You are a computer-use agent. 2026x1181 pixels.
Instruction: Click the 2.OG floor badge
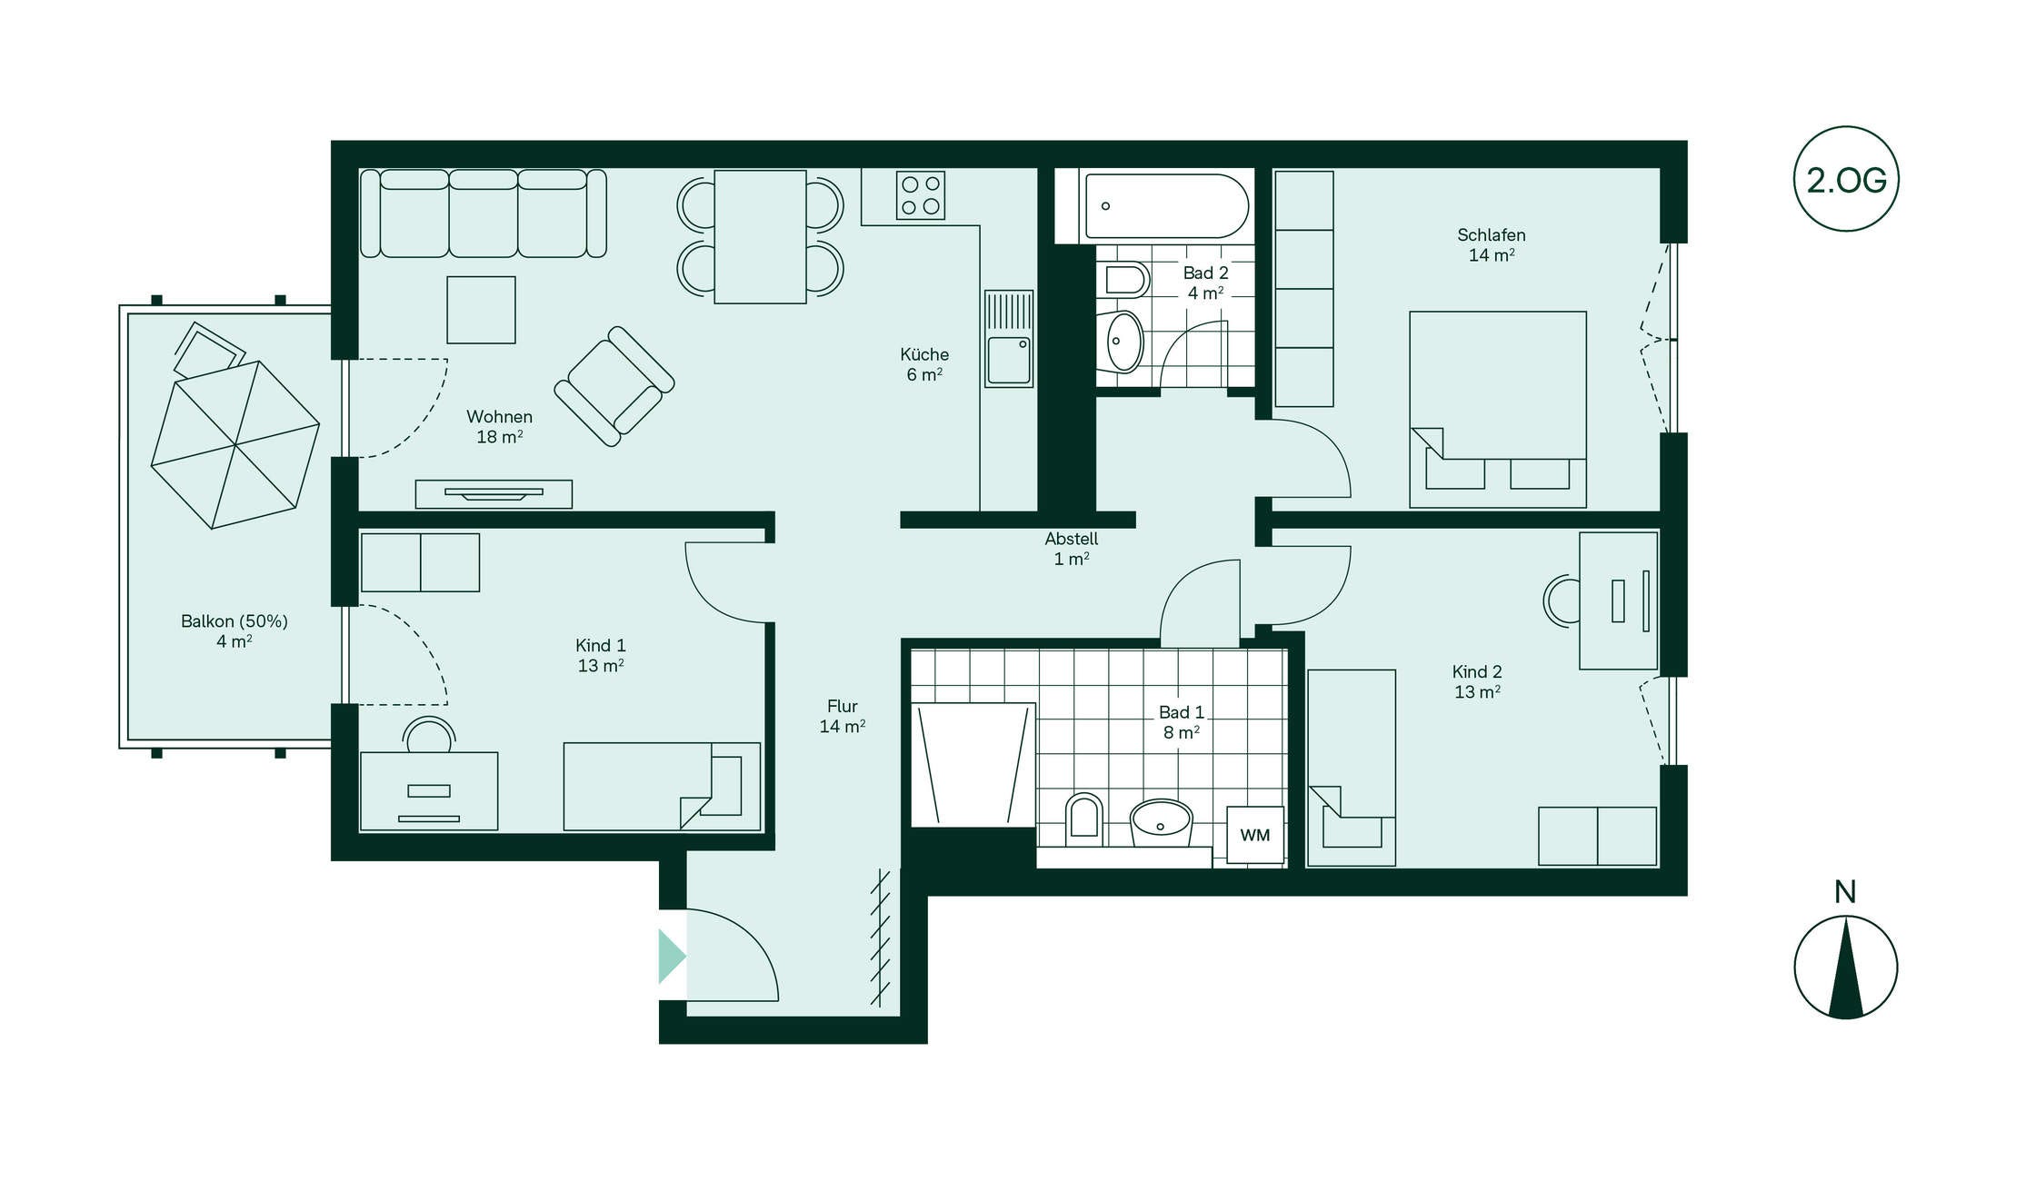point(1845,179)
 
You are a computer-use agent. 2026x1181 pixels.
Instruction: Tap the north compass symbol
point(1845,967)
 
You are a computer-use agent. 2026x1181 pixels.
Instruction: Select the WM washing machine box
point(1255,835)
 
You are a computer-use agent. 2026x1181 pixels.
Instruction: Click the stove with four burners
point(920,195)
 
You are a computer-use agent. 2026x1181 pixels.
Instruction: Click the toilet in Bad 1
point(1083,819)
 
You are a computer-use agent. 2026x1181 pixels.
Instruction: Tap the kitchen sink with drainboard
point(1009,339)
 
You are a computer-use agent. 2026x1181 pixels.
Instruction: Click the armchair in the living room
point(614,386)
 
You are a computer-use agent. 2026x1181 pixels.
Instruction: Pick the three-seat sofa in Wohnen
point(484,213)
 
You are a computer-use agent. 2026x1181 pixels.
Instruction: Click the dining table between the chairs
point(760,236)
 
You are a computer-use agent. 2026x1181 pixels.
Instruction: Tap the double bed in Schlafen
point(1498,410)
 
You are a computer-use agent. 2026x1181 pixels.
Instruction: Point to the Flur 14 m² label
point(843,716)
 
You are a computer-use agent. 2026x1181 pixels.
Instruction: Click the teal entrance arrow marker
point(672,957)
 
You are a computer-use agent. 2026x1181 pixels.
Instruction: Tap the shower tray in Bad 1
point(973,765)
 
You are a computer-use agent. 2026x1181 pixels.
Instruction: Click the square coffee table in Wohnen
point(481,310)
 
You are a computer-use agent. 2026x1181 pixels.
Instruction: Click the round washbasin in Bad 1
point(1161,823)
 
